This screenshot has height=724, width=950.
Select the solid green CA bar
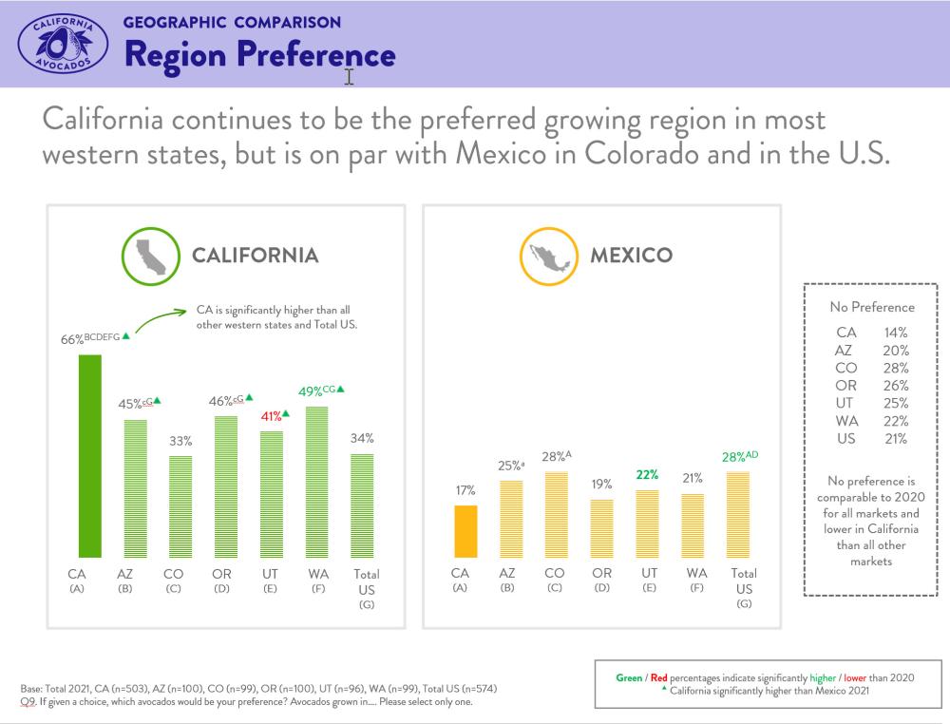89,456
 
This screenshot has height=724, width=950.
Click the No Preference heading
871,307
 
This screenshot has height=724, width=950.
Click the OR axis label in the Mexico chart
602,573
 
